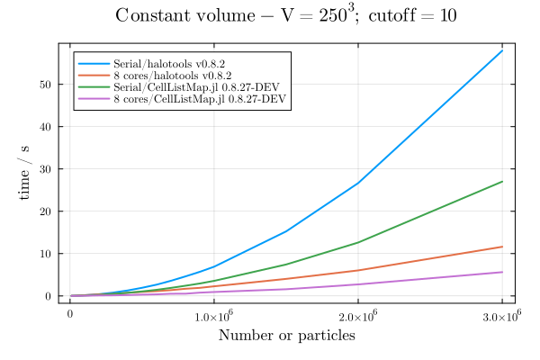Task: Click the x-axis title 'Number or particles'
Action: pyautogui.click(x=286, y=336)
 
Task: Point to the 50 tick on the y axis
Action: pyautogui.click(x=50, y=84)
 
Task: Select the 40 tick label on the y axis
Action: pyautogui.click(x=50, y=126)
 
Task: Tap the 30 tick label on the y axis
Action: pyautogui.click(x=50, y=168)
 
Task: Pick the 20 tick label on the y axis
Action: pyautogui.click(x=50, y=211)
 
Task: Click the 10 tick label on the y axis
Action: pyautogui.click(x=50, y=253)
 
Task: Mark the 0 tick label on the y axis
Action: pyautogui.click(x=53, y=296)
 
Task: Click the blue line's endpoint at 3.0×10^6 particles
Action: pyautogui.click(x=502, y=50)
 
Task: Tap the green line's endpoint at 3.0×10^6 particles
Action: pyautogui.click(x=502, y=182)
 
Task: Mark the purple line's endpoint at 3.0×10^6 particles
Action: pyautogui.click(x=502, y=272)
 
